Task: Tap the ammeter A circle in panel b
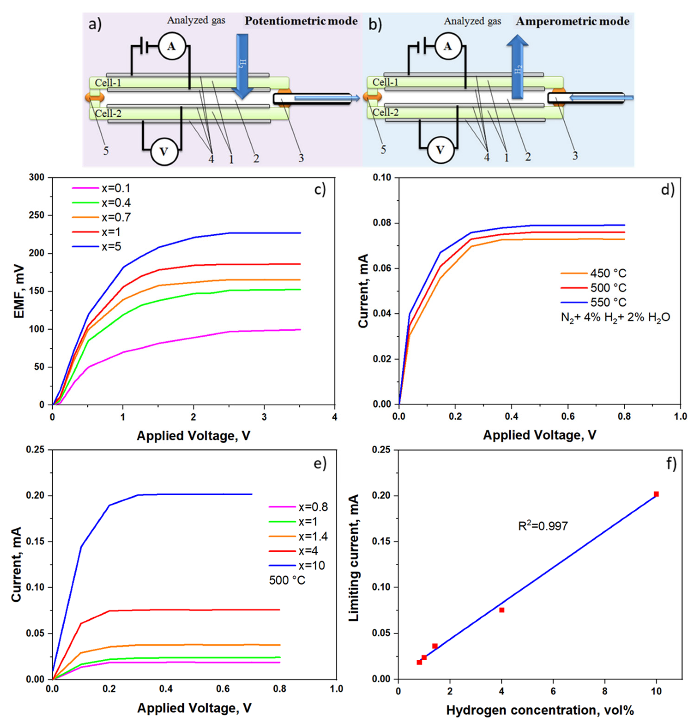click(x=447, y=46)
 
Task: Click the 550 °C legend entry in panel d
click(x=608, y=302)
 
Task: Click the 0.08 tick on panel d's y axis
click(x=382, y=223)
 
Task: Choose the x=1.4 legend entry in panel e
click(x=313, y=536)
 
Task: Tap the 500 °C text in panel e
click(x=287, y=580)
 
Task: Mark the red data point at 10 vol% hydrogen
click(x=656, y=494)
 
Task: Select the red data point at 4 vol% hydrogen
click(x=502, y=610)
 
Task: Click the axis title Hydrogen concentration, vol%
click(x=540, y=710)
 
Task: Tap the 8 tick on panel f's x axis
click(x=605, y=691)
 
